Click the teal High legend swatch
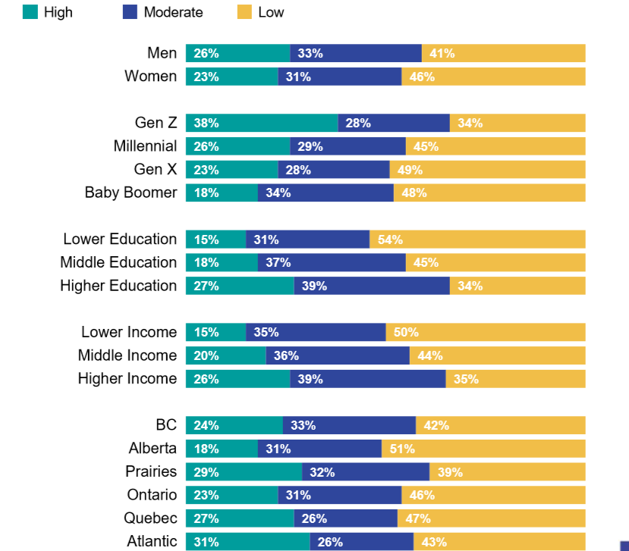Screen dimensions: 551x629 [x=30, y=12]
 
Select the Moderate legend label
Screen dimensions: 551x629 [x=173, y=12]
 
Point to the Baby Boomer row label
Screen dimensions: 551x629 [x=131, y=193]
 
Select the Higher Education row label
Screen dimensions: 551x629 [x=118, y=286]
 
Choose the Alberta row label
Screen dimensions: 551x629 [x=153, y=448]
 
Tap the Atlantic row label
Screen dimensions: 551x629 [x=152, y=541]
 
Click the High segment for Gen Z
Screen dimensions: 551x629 [x=262, y=123]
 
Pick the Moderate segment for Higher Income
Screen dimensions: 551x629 [x=367, y=378]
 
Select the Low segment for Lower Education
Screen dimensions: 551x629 [x=477, y=239]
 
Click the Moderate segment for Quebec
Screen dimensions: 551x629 [x=345, y=518]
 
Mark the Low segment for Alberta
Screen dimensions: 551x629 [x=483, y=449]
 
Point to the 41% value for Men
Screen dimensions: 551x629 [x=442, y=54]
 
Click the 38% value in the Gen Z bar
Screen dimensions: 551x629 [x=206, y=124]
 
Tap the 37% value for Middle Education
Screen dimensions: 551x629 [x=278, y=263]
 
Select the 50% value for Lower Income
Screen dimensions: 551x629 [x=406, y=333]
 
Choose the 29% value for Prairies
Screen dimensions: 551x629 [x=206, y=472]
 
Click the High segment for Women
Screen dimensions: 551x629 [x=231, y=77]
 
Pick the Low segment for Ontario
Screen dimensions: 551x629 [x=493, y=495]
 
